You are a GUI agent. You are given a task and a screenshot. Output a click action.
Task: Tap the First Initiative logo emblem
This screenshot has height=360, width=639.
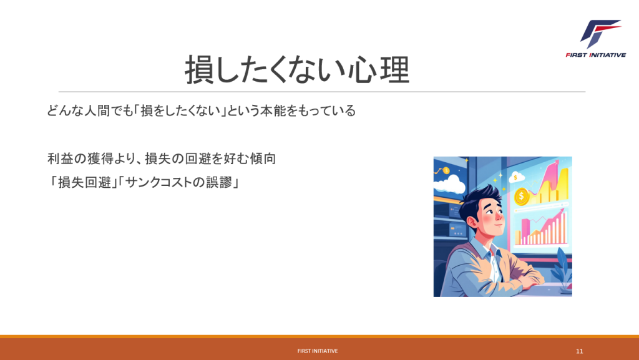(x=600, y=34)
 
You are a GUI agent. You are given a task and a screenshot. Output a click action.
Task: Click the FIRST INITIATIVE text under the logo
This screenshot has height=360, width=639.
(x=595, y=55)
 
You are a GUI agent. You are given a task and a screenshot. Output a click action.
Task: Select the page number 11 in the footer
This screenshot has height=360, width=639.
(x=580, y=351)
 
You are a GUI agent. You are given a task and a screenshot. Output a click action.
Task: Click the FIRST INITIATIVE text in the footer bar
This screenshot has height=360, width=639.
(x=318, y=351)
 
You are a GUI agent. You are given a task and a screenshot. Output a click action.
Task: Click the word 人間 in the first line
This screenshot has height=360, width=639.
(x=97, y=111)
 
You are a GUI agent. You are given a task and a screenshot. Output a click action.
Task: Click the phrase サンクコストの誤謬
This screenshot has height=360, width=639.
(x=178, y=182)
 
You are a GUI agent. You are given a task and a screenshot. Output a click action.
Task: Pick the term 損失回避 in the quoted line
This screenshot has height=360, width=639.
(x=84, y=182)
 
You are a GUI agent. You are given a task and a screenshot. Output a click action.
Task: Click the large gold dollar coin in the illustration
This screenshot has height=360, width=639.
(x=522, y=197)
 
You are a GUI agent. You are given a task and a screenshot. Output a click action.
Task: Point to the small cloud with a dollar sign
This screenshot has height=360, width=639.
(x=516, y=177)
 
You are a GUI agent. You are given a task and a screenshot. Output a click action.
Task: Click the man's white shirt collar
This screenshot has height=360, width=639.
(x=485, y=249)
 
